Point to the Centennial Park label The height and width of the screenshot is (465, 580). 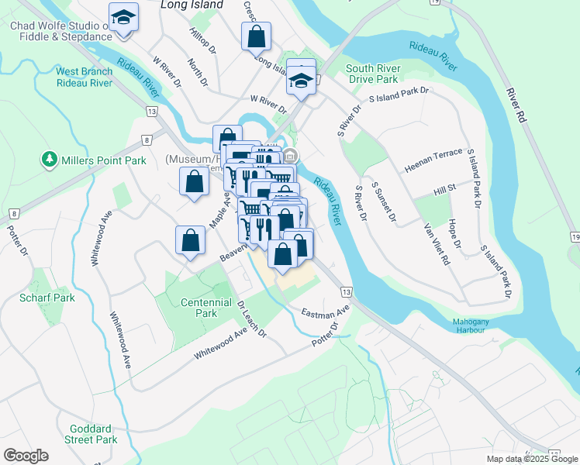[x=205, y=308]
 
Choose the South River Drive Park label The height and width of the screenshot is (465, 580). [x=373, y=74]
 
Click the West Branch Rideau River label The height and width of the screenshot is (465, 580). [x=84, y=77]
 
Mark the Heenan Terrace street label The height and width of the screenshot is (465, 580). [x=433, y=168]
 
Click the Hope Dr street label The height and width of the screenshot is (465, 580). [x=454, y=234]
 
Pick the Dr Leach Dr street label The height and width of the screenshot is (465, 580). [x=252, y=319]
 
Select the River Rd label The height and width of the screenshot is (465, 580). [x=516, y=104]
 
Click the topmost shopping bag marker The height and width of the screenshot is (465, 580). [x=256, y=36]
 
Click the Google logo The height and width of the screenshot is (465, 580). [x=26, y=456]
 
